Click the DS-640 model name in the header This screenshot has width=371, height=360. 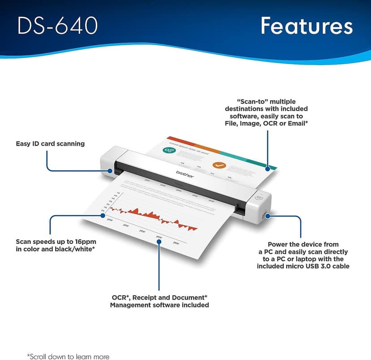tap(58, 26)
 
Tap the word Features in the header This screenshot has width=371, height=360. tap(306, 26)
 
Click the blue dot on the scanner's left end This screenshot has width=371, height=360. tap(110, 170)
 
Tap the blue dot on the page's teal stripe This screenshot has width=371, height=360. tap(268, 169)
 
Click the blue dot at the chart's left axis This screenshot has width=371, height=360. tap(104, 216)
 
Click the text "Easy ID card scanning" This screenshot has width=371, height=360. tap(50, 144)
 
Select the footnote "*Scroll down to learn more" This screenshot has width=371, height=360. tap(68, 357)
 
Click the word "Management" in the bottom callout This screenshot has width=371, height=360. tap(131, 305)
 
